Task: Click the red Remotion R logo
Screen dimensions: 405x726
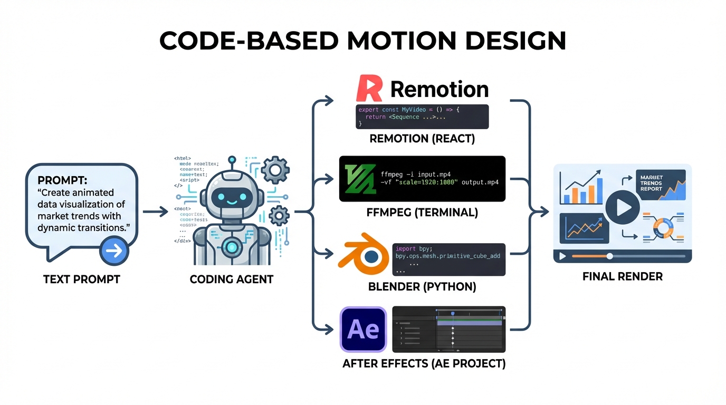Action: click(x=370, y=89)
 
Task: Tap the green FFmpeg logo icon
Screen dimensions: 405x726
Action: click(x=359, y=179)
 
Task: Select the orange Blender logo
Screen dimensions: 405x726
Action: click(x=367, y=257)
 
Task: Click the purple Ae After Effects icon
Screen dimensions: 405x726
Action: click(x=363, y=329)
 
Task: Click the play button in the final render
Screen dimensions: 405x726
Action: click(x=622, y=207)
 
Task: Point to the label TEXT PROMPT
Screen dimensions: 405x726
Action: click(x=82, y=279)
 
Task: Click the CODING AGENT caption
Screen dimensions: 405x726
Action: click(x=231, y=279)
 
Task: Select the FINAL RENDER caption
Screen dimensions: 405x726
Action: click(x=622, y=276)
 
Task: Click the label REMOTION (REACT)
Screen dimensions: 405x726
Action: click(x=422, y=139)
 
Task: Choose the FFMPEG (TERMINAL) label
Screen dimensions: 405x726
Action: click(x=422, y=213)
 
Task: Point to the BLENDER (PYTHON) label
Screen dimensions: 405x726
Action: click(x=422, y=287)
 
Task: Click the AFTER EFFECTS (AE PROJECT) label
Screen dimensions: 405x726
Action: click(x=424, y=363)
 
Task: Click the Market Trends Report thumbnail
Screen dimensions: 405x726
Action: click(x=661, y=185)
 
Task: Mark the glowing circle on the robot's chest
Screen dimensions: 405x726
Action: click(x=231, y=245)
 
